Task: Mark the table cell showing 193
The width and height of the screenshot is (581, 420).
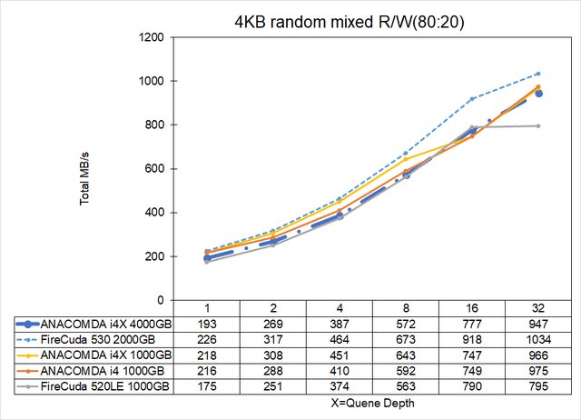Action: (209, 323)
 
